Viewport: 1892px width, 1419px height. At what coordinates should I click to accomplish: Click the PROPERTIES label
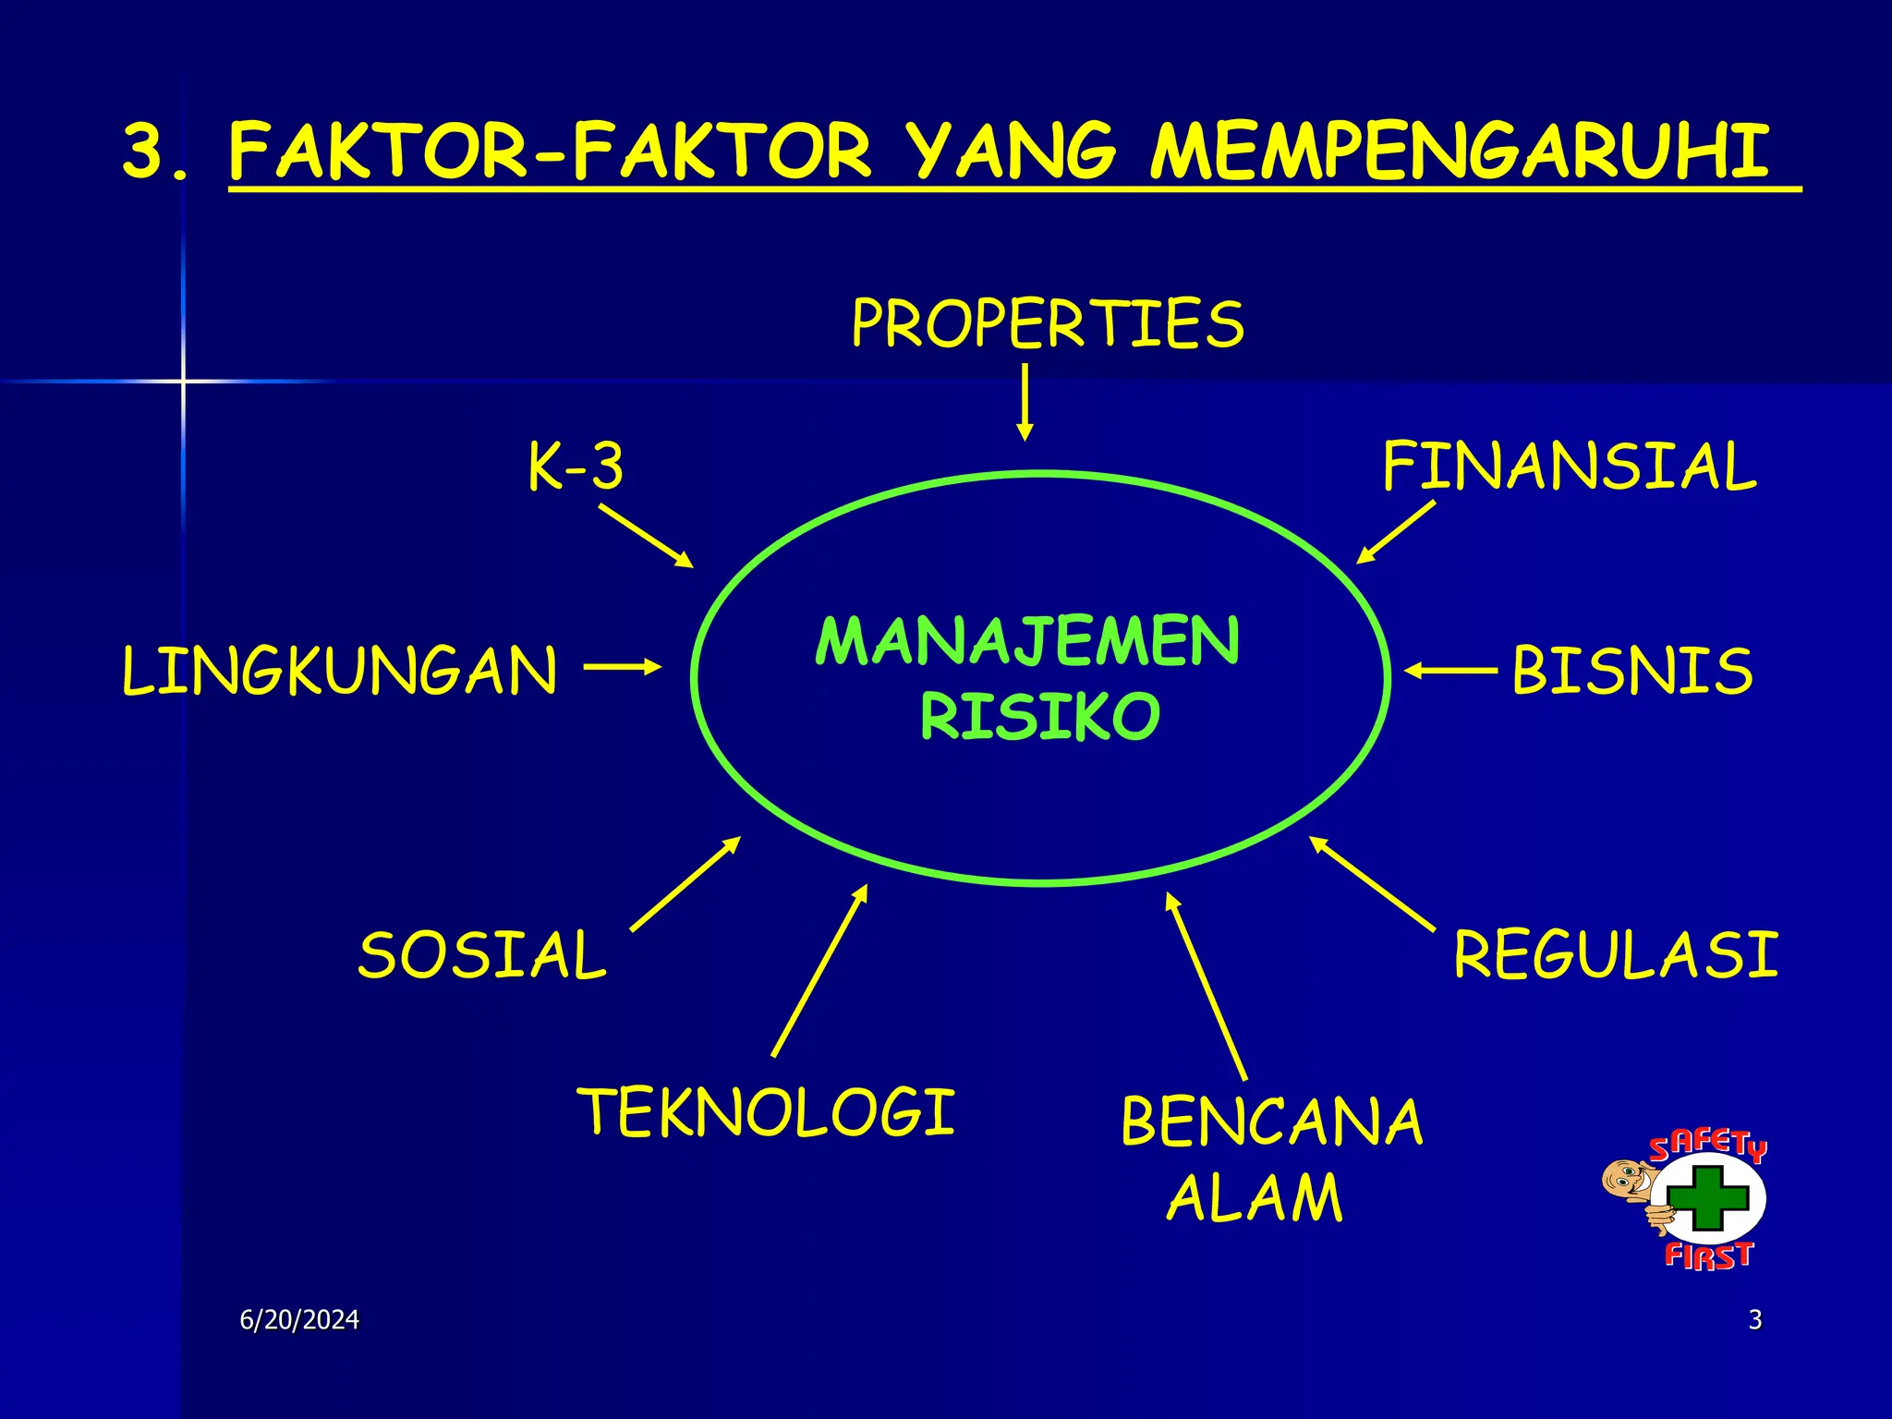(1048, 324)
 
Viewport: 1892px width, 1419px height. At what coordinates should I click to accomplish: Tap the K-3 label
(576, 467)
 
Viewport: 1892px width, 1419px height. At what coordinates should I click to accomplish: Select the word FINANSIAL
(1569, 467)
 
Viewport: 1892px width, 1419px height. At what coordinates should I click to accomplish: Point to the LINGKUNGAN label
(340, 672)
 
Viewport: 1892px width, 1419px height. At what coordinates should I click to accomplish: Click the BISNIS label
(1632, 672)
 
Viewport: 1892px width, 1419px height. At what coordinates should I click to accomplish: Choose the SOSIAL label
(482, 956)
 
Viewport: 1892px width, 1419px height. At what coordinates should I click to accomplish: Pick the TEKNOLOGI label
(767, 1112)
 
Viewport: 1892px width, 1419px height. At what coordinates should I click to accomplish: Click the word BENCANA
(1272, 1123)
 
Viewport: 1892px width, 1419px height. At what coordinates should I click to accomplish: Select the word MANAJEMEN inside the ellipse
(1027, 642)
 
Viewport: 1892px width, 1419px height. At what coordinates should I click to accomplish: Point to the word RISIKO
(1039, 717)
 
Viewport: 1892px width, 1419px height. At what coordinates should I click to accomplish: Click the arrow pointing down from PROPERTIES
(1024, 402)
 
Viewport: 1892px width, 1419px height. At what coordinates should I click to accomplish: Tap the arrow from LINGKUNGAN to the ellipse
(623, 666)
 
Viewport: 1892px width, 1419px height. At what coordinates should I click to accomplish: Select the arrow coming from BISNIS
(1450, 671)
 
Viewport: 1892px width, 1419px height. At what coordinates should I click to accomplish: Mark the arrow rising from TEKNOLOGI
(819, 970)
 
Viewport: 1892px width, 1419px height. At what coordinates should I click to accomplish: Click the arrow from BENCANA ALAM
(1207, 986)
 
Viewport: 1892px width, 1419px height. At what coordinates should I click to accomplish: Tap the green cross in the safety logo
(1707, 1198)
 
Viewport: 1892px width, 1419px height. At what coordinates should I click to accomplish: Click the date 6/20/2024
(299, 1320)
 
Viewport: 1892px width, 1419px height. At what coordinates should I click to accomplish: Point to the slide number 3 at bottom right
(1755, 1320)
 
